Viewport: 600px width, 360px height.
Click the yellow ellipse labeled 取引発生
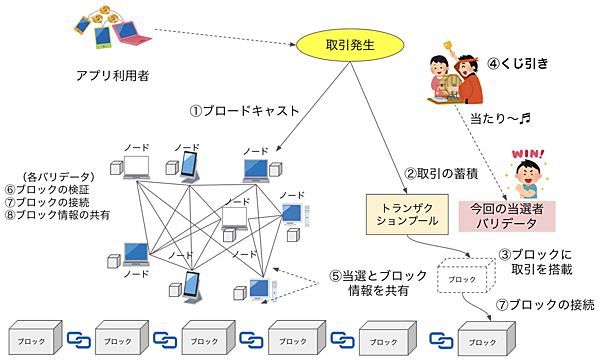coord(337,45)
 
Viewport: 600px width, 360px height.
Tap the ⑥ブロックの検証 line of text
coord(51,189)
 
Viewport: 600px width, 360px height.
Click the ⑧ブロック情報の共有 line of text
coord(57,215)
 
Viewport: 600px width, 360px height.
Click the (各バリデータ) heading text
coord(51,176)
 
